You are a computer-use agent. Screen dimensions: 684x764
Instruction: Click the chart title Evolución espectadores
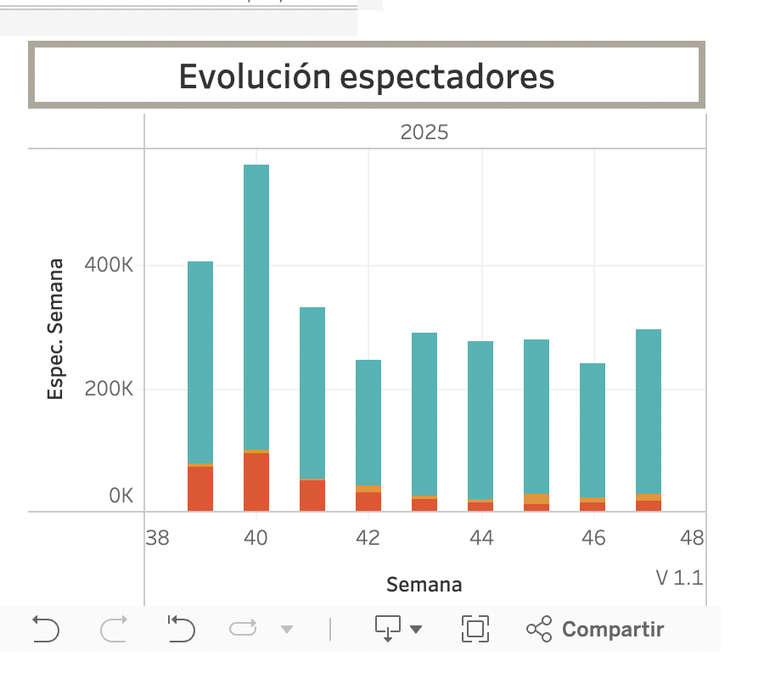[x=367, y=76]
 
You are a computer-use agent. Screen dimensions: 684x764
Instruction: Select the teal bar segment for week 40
[x=256, y=306]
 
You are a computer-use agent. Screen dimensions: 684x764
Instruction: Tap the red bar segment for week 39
[x=200, y=489]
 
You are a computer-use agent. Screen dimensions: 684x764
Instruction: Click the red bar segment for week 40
[x=256, y=482]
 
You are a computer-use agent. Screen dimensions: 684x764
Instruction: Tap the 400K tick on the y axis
[x=109, y=266]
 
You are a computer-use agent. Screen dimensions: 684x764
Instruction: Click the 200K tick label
[x=109, y=390]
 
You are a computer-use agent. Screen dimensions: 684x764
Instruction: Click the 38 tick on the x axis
[x=157, y=538]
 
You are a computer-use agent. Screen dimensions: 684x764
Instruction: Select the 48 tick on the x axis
[x=692, y=538]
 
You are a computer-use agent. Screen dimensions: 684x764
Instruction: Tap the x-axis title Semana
[x=424, y=585]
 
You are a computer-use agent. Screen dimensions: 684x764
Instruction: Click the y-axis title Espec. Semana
[x=56, y=329]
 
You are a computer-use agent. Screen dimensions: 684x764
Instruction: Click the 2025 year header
[x=424, y=132]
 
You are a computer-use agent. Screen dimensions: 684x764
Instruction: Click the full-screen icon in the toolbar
[x=475, y=629]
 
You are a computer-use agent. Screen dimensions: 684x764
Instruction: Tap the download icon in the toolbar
[x=388, y=629]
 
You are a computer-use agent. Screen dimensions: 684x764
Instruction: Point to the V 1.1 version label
[x=679, y=578]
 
